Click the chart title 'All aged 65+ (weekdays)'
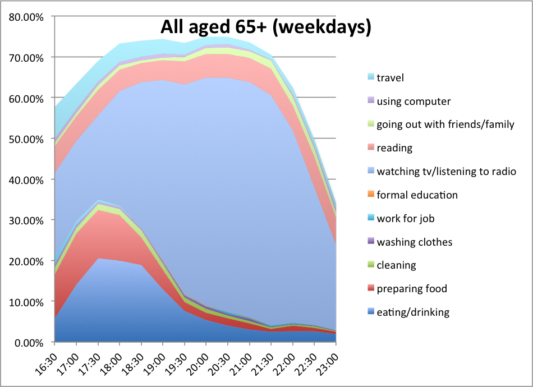click(x=265, y=27)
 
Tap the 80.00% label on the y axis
click(x=26, y=17)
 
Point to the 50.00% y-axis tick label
click(x=26, y=139)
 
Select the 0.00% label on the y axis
click(x=29, y=343)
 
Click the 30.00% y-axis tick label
click(x=26, y=220)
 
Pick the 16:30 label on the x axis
click(x=46, y=364)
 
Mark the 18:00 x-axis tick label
click(x=111, y=364)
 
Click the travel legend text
click(x=390, y=78)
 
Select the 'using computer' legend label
click(x=413, y=102)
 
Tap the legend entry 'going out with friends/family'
click(x=445, y=125)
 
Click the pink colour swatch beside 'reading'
click(x=371, y=147)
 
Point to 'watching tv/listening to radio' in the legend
click(x=447, y=171)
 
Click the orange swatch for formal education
click(x=371, y=194)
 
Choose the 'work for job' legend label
click(x=406, y=219)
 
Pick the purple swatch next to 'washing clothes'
click(x=371, y=241)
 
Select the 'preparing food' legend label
click(x=412, y=289)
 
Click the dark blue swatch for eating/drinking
click(x=371, y=311)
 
